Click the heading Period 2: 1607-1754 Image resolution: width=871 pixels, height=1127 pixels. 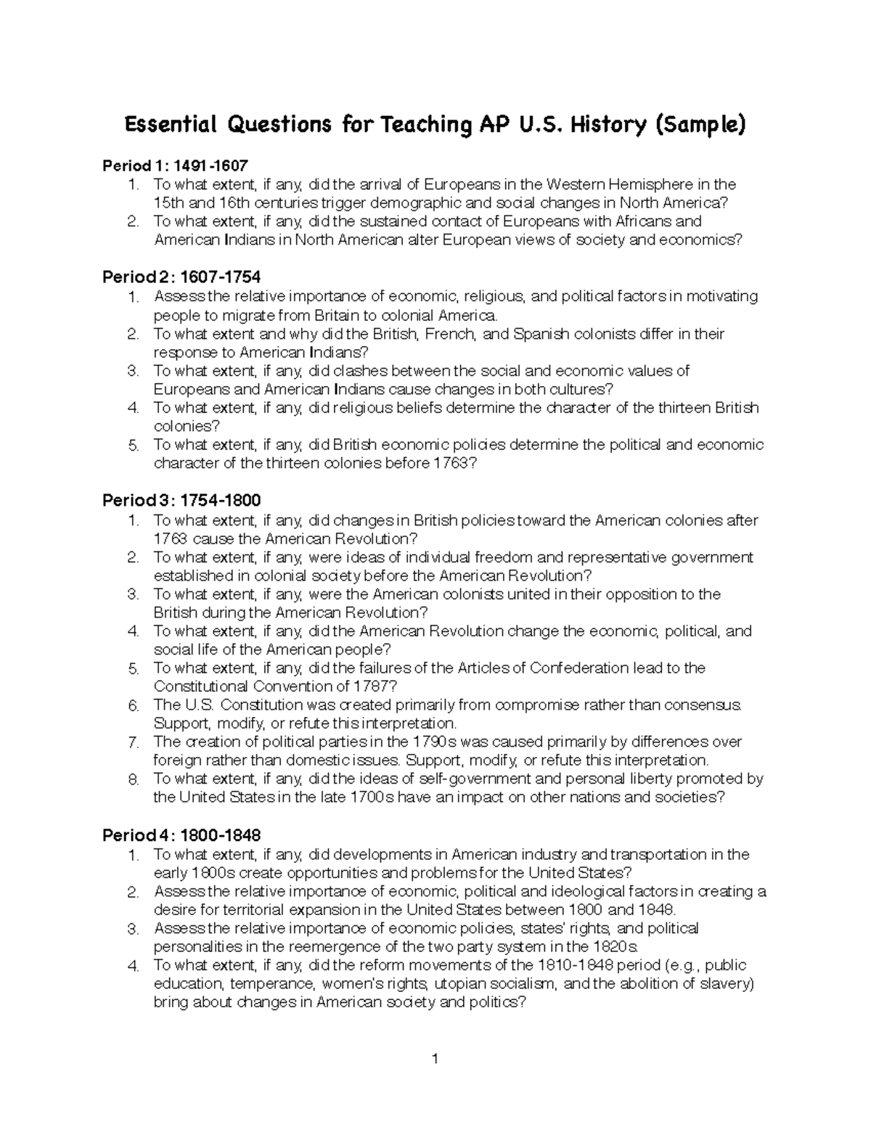click(181, 277)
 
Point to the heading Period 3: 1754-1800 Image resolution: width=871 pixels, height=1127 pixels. click(181, 501)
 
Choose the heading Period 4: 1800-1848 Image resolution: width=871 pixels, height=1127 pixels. click(181, 835)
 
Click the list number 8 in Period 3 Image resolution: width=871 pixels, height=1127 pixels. click(133, 779)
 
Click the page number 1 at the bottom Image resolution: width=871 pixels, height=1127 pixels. click(435, 1059)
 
